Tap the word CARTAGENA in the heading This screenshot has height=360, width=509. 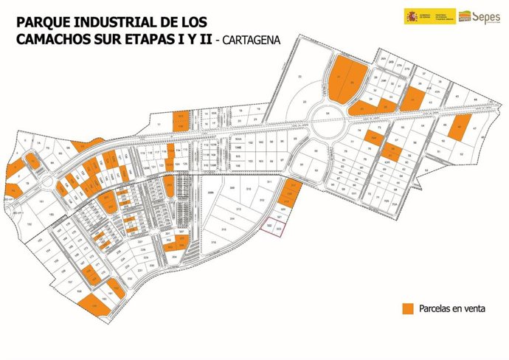[252, 41]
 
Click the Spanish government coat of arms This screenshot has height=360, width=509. [411, 15]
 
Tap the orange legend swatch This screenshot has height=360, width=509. [406, 308]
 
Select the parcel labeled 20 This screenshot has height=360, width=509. [299, 77]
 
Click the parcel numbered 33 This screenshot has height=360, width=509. [304, 101]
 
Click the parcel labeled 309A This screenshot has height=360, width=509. [211, 193]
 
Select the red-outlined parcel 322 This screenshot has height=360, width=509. [270, 224]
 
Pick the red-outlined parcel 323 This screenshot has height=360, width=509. [278, 230]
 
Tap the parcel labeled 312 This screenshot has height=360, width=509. [261, 199]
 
